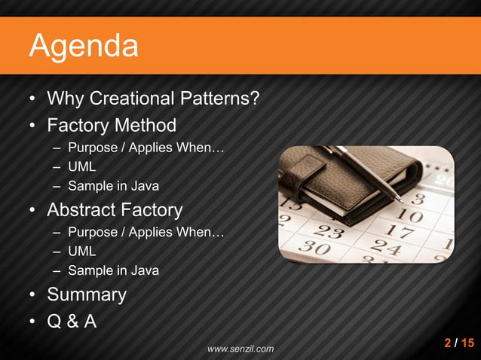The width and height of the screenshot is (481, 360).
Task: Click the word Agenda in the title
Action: coord(84,47)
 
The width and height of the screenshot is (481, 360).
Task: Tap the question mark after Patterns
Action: coord(256,99)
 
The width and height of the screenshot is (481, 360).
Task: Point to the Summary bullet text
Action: coord(87,294)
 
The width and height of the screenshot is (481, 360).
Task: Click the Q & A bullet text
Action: coord(72,321)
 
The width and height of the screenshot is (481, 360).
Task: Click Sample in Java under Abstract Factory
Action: coord(113,270)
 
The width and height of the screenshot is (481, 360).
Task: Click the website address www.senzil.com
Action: coord(240,349)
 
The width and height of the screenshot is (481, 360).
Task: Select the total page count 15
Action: coord(467,343)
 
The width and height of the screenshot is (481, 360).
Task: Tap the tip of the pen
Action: coord(399,200)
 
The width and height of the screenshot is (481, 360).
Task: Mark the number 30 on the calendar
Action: coord(311,246)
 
